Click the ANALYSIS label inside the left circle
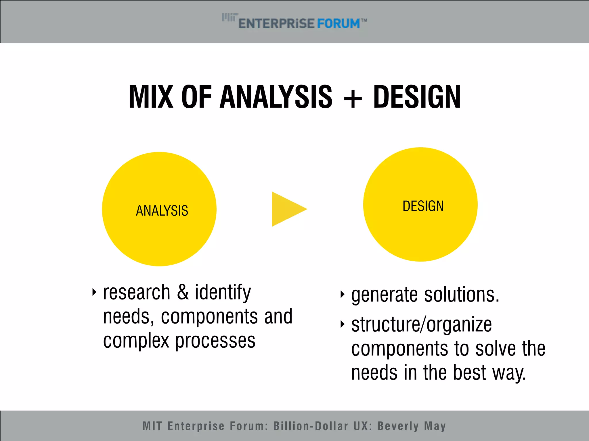162,211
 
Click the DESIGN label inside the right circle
423,206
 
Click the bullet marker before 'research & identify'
94,292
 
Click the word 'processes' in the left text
215,341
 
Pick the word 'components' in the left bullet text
209,316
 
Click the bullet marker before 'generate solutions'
342,294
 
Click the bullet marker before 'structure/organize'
342,324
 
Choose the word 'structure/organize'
422,325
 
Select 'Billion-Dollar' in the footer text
311,426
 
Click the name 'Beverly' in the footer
398,426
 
